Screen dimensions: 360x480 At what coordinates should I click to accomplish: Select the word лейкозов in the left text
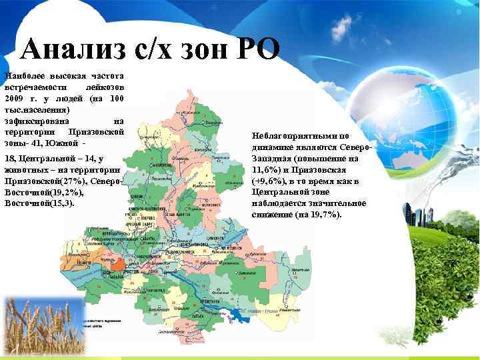pyautogui.click(x=105, y=88)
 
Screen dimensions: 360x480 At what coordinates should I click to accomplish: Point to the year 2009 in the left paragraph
pyautogui.click(x=15, y=99)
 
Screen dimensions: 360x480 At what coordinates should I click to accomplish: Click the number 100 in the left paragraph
pyautogui.click(x=115, y=99)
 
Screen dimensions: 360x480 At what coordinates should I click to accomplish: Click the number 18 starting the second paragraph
pyautogui.click(x=10, y=158)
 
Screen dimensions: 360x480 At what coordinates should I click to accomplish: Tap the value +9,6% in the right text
pyautogui.click(x=269, y=181)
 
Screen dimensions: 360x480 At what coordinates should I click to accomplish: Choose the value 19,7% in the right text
pyautogui.click(x=325, y=215)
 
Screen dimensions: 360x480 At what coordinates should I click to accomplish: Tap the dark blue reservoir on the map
pyautogui.click(x=239, y=313)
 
